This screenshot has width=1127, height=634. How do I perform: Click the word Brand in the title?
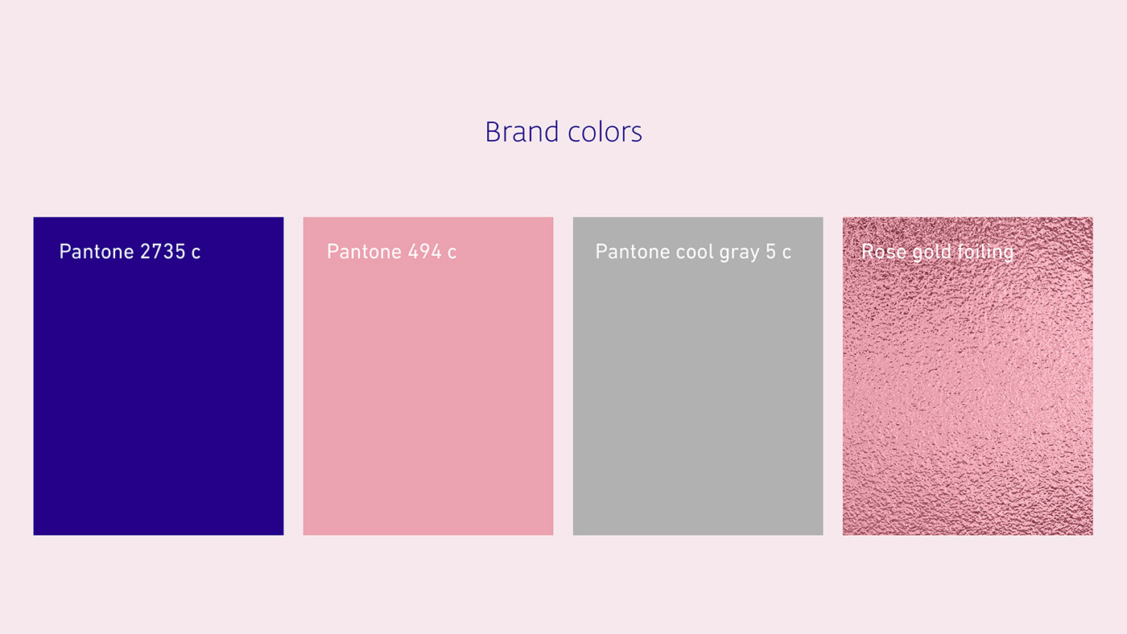tap(522, 132)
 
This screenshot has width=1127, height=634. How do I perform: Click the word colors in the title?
tap(605, 132)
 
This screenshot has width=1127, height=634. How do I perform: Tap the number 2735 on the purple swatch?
tap(163, 251)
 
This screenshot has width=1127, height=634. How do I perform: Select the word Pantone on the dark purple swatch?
tap(97, 251)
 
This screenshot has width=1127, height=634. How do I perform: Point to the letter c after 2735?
tap(196, 253)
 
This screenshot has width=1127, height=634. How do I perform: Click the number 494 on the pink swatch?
tap(425, 251)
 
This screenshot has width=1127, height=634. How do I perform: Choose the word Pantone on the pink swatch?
tap(364, 251)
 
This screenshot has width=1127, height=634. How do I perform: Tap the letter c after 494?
tap(452, 253)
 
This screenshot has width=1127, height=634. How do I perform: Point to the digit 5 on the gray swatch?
tap(771, 251)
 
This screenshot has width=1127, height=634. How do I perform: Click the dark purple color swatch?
tap(159, 376)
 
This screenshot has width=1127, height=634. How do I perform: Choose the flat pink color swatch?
tap(428, 376)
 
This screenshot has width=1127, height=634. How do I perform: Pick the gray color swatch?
tap(698, 376)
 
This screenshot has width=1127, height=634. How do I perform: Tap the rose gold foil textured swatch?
tap(968, 376)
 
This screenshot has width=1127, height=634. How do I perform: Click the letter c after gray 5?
tap(786, 253)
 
